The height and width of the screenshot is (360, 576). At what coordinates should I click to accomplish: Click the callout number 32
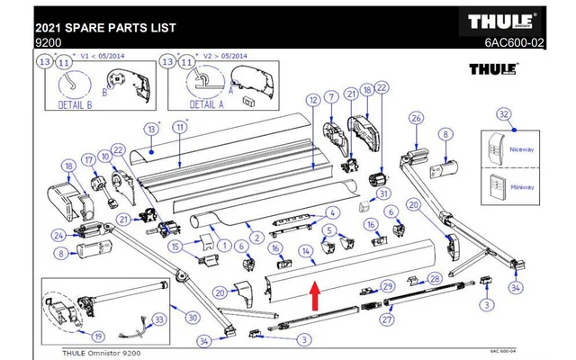tap(505, 113)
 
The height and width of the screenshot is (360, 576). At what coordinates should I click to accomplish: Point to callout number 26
tap(416, 118)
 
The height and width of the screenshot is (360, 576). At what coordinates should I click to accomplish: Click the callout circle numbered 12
tap(313, 100)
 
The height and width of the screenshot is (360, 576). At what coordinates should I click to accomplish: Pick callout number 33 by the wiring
tap(158, 318)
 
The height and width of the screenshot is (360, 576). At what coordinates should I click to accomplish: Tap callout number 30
tap(192, 317)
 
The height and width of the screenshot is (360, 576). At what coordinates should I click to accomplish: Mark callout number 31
tap(383, 193)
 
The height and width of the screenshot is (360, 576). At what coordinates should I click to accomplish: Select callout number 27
tap(389, 319)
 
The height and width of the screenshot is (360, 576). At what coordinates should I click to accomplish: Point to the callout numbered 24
tap(58, 236)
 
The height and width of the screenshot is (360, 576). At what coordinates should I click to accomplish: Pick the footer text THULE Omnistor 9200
tap(103, 352)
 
